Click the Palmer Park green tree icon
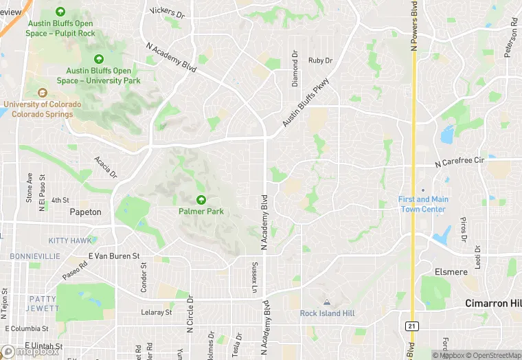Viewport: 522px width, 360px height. click(x=201, y=200)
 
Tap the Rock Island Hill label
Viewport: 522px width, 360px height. click(x=326, y=313)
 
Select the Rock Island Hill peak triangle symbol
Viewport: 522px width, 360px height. click(x=326, y=302)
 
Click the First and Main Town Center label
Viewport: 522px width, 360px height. click(x=422, y=204)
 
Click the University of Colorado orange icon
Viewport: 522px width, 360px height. click(x=43, y=93)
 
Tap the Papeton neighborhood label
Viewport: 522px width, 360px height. click(x=85, y=212)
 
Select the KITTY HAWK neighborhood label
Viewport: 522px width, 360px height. click(x=69, y=240)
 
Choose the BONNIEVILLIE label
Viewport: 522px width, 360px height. click(x=35, y=256)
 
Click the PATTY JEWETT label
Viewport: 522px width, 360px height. click(x=43, y=304)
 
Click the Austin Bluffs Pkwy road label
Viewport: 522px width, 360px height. click(x=306, y=103)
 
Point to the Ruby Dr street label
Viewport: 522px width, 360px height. click(x=320, y=60)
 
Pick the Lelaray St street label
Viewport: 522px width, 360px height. click(x=156, y=312)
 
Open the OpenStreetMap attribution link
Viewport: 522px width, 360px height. click(x=490, y=355)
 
